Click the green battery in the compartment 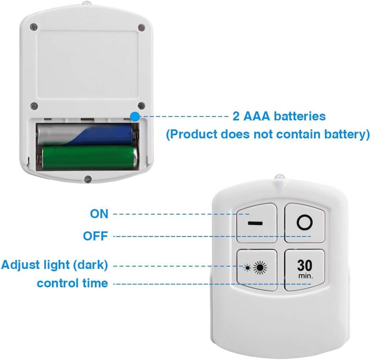click(90, 158)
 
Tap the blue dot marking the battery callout click(135, 116)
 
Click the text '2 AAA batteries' click(279, 116)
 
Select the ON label click(99, 214)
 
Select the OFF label click(96, 236)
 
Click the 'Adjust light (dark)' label click(55, 265)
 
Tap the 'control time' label click(73, 283)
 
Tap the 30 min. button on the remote click(305, 270)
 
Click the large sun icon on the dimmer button click(260, 268)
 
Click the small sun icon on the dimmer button click(248, 268)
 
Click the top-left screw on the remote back click(34, 27)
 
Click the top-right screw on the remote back click(141, 28)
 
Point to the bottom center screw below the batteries click(88, 179)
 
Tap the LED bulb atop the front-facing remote click(279, 177)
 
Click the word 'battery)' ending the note click(347, 134)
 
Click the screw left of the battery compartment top click(34, 106)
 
